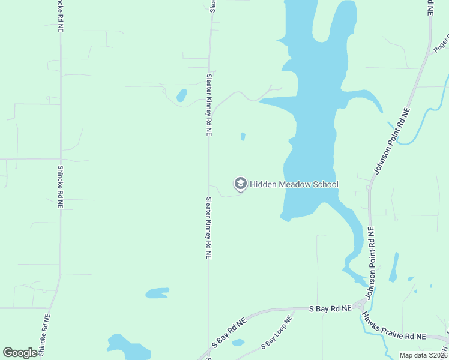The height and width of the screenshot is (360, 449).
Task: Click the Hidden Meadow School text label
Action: pos(294,184)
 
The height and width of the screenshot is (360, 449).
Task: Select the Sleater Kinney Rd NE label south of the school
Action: pos(209,227)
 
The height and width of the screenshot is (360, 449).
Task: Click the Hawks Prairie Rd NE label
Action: pos(397,336)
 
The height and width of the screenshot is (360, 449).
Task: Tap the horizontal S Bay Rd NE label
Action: pos(330,308)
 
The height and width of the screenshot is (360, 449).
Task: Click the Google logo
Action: pos(20,353)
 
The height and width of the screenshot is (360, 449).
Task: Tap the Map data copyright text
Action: pos(424,355)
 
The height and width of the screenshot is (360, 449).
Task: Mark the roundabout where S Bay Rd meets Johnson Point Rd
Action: pos(361,305)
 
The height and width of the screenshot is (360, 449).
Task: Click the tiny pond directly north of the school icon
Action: pos(243,136)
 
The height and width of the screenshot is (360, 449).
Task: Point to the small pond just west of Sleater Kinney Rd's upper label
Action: pos(181,95)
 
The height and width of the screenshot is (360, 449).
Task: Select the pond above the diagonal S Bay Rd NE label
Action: pos(157,293)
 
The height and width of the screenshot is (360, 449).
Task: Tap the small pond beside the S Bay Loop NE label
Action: pos(238,343)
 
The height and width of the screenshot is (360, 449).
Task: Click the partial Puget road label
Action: pos(441,43)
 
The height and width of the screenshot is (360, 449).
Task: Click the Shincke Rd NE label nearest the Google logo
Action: pos(44,335)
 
